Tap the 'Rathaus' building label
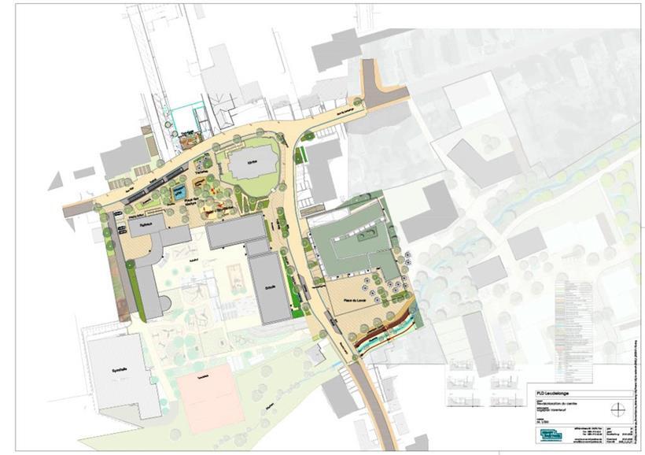pos(142,224)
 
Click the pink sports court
pos(209,398)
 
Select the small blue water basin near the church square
pos(179,191)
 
